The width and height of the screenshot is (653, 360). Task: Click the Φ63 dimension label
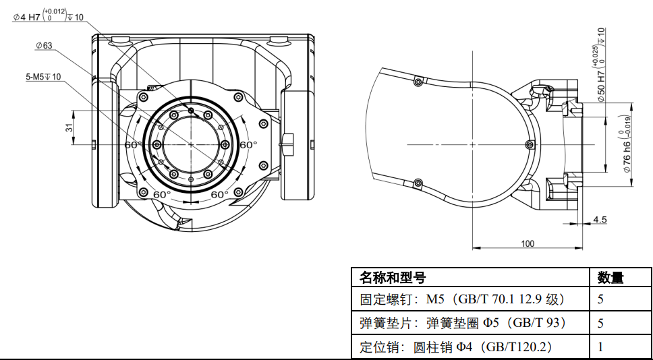click(x=45, y=45)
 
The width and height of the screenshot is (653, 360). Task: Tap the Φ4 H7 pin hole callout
click(x=48, y=16)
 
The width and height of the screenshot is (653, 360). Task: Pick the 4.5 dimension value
click(x=599, y=220)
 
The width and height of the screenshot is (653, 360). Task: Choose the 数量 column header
click(x=611, y=277)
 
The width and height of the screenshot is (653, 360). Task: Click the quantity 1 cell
click(x=600, y=347)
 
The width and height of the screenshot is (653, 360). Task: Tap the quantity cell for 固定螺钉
click(x=600, y=299)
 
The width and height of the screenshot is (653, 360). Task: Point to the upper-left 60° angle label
click(x=132, y=145)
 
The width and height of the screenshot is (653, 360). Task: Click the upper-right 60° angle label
click(x=248, y=145)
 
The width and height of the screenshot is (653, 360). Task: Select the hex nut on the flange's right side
click(x=288, y=143)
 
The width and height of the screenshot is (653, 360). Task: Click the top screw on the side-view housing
click(x=418, y=82)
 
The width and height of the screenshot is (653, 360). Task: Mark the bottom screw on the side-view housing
click(x=418, y=182)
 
